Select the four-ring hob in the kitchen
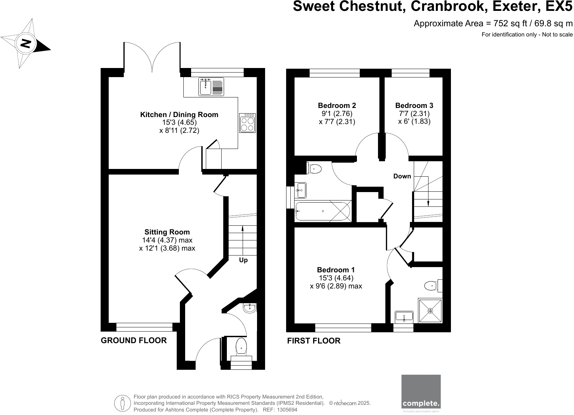pyautogui.click(x=248, y=123)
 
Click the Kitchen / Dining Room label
pyautogui.click(x=179, y=115)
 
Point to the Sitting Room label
pyautogui.click(x=167, y=232)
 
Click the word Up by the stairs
pyautogui.click(x=243, y=260)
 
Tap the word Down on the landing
pyautogui.click(x=402, y=176)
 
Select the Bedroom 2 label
pyautogui.click(x=337, y=106)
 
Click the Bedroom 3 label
pyautogui.click(x=414, y=106)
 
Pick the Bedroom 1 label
pyautogui.click(x=336, y=270)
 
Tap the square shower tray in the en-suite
pyautogui.click(x=430, y=311)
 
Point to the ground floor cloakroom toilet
pyautogui.click(x=242, y=346)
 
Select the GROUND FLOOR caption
pyautogui.click(x=134, y=340)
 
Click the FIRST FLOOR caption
pyautogui.click(x=313, y=341)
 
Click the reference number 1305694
pyautogui.click(x=287, y=409)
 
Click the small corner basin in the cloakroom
pyautogui.click(x=250, y=308)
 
